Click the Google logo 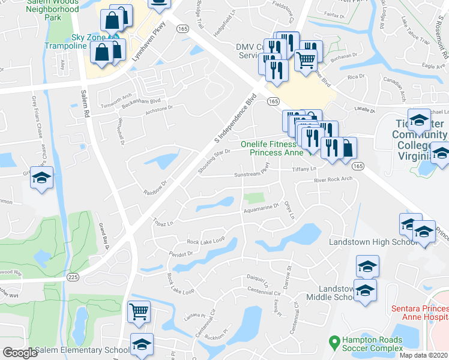click(20, 353)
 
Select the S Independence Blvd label click(235, 118)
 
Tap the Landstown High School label click(373, 241)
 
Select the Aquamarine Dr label click(261, 209)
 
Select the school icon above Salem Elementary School click(142, 344)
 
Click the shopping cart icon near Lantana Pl click(139, 311)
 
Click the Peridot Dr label click(181, 254)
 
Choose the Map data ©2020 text click(423, 355)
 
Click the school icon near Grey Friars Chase click(42, 178)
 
